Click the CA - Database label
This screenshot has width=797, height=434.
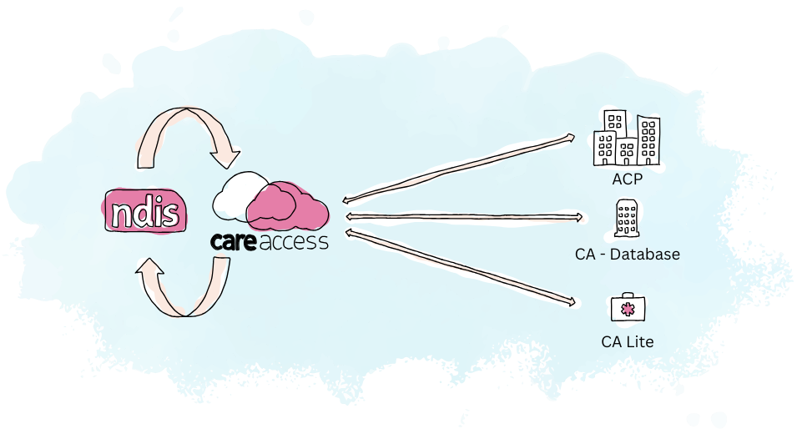point(628,254)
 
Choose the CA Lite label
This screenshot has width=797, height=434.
point(627,341)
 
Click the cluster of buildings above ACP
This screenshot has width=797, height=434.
point(625,138)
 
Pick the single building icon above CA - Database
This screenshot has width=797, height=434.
point(627,219)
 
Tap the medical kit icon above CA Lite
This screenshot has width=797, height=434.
point(628,308)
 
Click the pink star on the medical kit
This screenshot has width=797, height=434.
point(628,310)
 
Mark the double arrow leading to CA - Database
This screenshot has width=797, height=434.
point(463,217)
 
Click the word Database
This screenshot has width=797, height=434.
point(646,254)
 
